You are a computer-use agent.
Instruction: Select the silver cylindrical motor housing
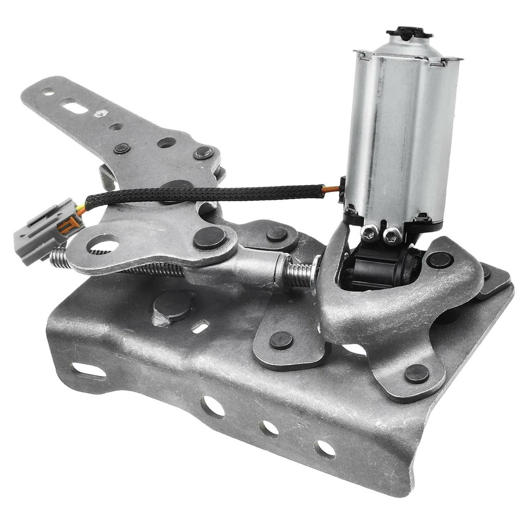pos(402,131)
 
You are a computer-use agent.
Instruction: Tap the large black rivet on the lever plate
pos(210,238)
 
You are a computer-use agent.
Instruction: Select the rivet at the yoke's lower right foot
pos(416,374)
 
